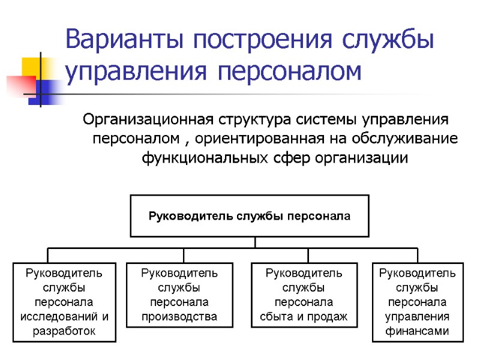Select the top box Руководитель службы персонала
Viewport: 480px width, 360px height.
point(249,215)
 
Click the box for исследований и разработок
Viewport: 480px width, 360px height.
point(64,302)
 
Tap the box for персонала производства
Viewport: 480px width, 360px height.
point(179,295)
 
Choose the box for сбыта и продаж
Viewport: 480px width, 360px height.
point(304,295)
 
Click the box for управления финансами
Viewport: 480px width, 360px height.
point(418,302)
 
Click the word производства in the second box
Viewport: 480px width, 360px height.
point(179,316)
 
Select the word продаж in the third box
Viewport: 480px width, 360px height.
point(332,316)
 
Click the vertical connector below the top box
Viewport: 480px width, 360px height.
point(255,242)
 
